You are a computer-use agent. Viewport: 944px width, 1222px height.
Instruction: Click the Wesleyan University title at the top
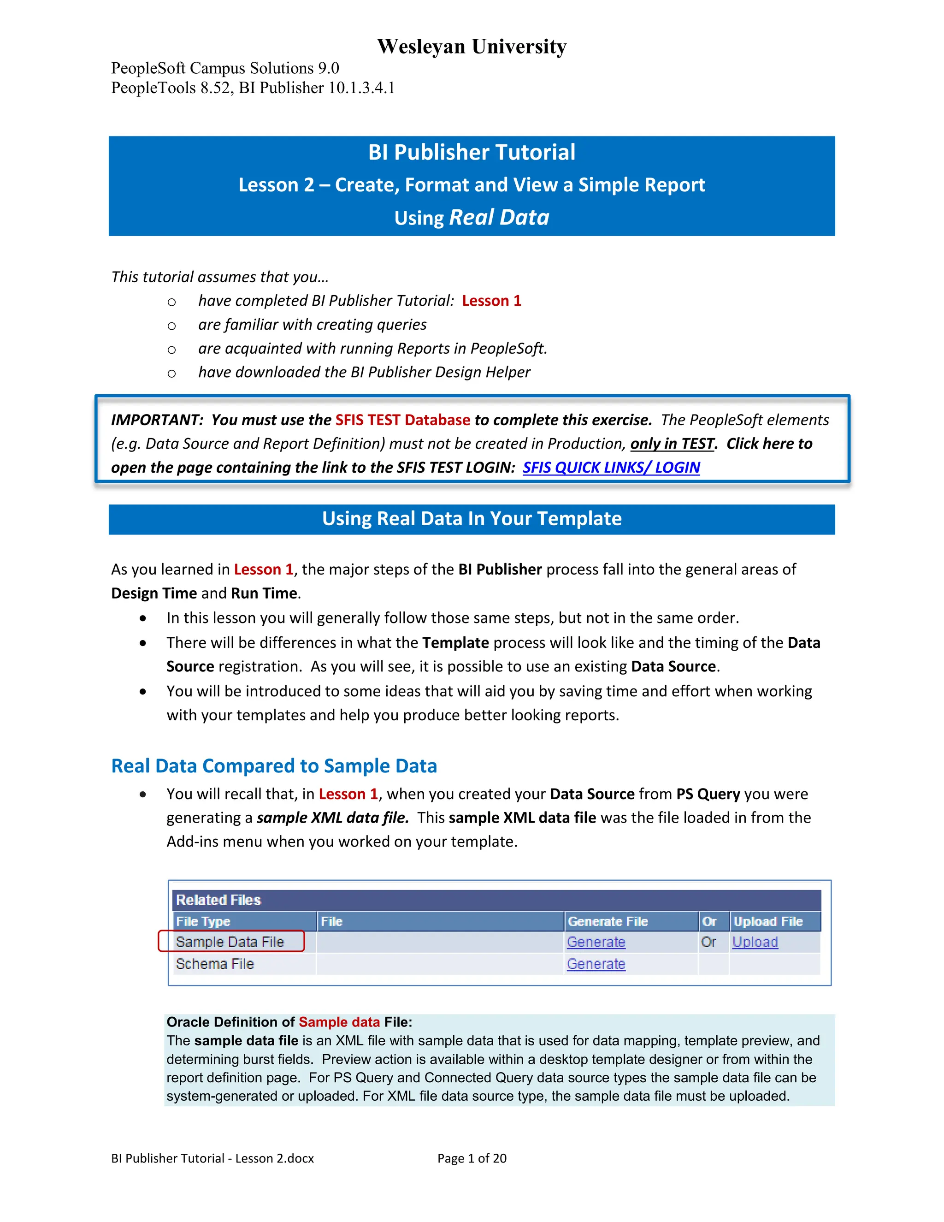coord(472,47)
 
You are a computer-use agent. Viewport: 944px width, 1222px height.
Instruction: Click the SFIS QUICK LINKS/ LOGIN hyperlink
coord(611,467)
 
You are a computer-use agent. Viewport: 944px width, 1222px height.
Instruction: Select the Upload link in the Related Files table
coord(755,942)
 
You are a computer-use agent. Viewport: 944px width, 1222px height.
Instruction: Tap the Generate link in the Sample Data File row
coord(596,942)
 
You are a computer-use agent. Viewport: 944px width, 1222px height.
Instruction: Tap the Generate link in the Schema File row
coord(596,964)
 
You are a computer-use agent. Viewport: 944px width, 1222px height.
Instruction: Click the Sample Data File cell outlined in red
coord(230,942)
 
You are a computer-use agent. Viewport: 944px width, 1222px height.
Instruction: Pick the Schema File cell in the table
coord(215,964)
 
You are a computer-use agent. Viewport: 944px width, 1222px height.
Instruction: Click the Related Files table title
coord(218,900)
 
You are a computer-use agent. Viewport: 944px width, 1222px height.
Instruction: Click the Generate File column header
coord(608,921)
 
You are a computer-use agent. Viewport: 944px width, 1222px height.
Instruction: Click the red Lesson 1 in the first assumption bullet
coord(491,301)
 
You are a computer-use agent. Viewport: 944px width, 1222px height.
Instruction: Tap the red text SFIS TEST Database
coord(403,420)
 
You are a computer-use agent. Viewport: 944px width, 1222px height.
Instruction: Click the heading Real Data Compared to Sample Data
coord(274,766)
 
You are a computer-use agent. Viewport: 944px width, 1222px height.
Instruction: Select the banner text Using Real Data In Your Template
coord(472,519)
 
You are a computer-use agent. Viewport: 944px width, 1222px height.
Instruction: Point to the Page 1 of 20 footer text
coord(472,1158)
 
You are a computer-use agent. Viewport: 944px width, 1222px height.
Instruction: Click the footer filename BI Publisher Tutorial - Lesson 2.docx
coord(212,1158)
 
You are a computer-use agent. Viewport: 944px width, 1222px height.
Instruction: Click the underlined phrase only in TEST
coord(672,444)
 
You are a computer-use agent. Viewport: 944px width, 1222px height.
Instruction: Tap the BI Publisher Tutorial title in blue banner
coord(472,152)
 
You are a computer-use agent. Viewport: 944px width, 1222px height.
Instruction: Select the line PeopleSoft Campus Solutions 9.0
coord(225,68)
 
